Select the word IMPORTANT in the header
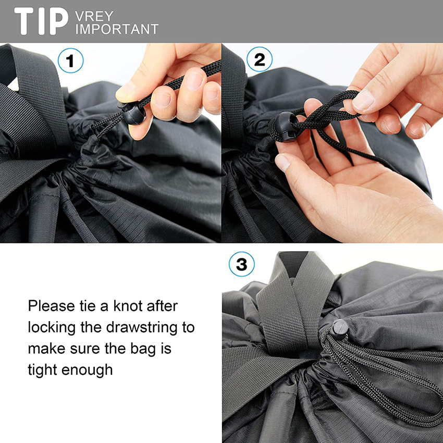pos(116,29)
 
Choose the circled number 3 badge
pos(241,265)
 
